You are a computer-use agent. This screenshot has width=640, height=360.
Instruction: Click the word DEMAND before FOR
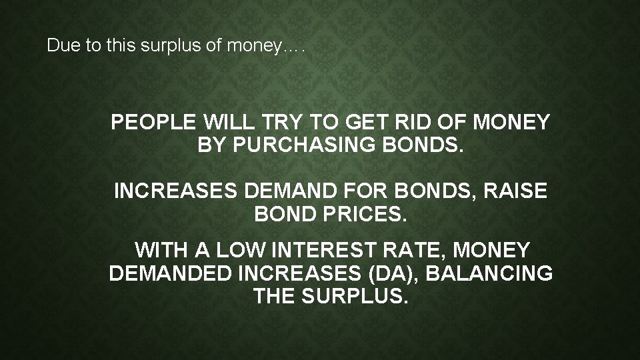pos(281,192)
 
